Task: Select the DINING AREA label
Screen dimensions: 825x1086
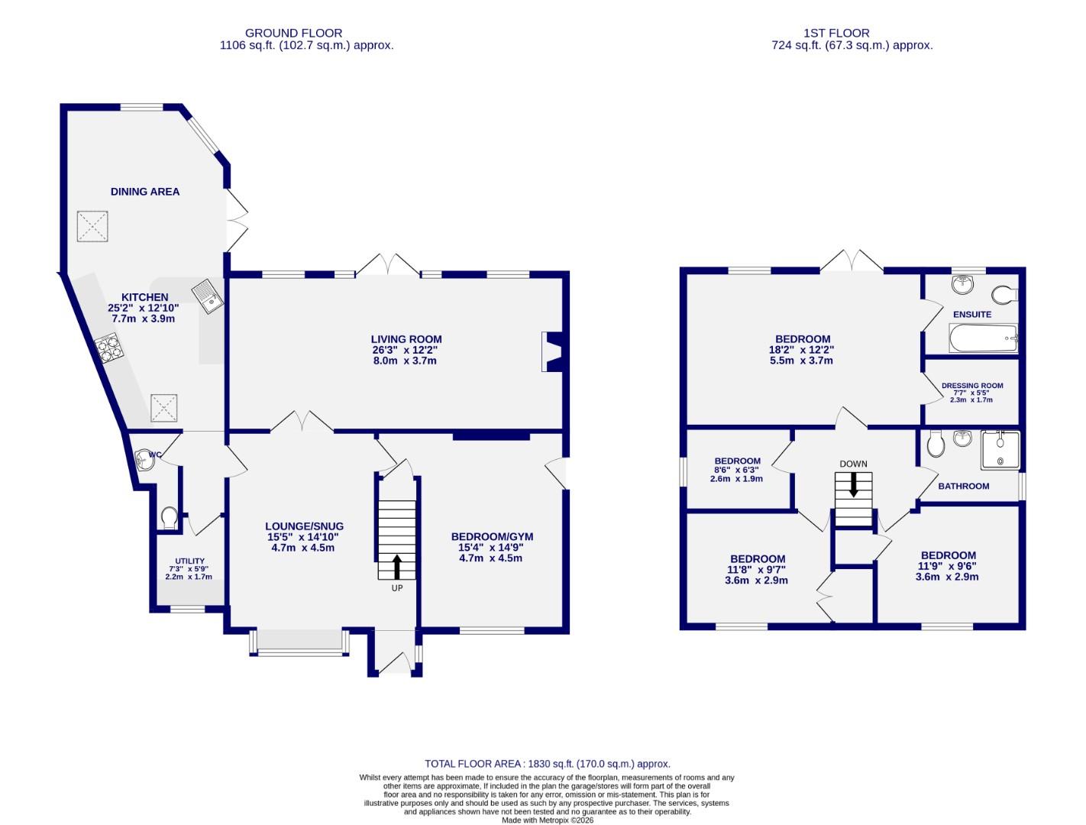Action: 145,192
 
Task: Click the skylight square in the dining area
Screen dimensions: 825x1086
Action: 94,227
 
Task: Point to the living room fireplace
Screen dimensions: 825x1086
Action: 552,352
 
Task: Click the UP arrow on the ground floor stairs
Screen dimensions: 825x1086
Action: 396,567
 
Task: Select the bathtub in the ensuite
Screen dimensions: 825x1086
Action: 983,338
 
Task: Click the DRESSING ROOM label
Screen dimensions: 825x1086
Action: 971,386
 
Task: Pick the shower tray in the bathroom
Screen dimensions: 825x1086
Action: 999,450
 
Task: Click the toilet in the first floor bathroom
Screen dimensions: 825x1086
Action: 935,443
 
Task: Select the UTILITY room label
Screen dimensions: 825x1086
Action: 189,561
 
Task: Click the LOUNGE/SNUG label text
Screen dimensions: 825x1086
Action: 304,526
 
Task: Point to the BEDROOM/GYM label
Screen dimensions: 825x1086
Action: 492,537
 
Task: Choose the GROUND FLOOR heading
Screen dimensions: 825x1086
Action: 293,33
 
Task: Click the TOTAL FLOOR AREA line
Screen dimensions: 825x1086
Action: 547,764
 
